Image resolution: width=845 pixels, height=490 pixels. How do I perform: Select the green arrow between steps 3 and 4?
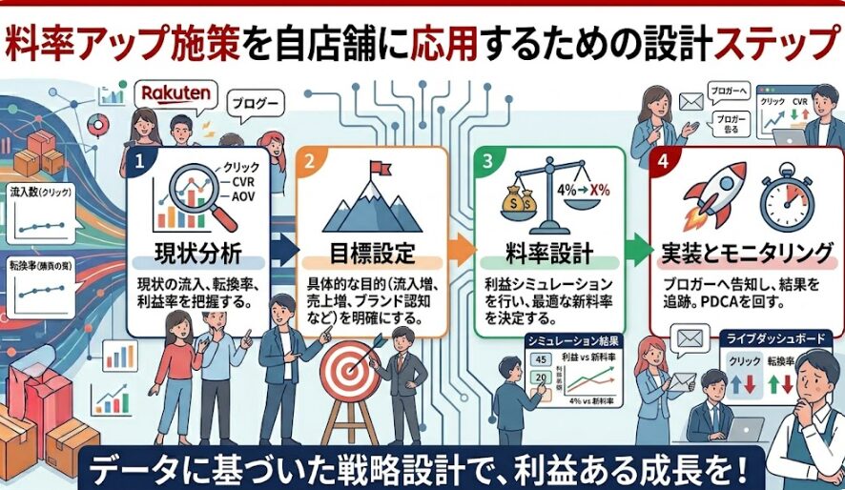pos(636,250)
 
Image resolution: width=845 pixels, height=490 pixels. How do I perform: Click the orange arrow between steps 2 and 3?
pos(461,250)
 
